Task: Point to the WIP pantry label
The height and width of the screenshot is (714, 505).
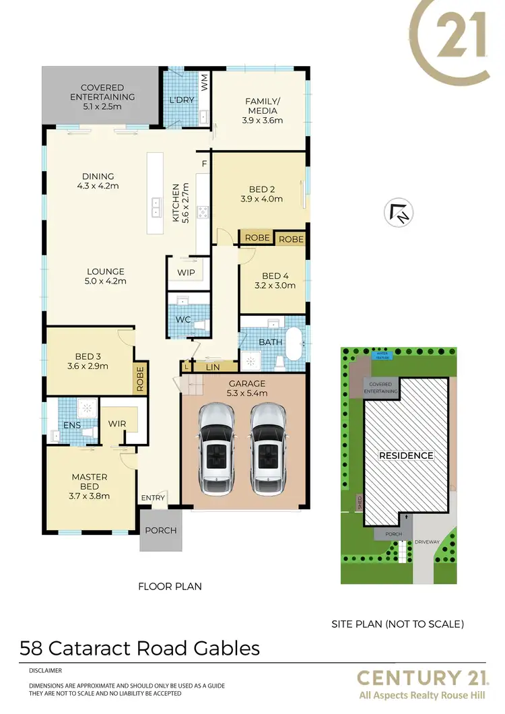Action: [186, 273]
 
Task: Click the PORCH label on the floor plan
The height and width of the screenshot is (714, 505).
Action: [161, 530]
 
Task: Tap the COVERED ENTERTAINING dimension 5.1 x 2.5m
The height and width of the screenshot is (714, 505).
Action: [102, 106]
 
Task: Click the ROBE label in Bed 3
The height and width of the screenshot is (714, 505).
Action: [140, 379]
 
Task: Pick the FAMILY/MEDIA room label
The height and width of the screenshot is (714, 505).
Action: [262, 111]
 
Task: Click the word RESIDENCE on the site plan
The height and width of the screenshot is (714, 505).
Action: [406, 455]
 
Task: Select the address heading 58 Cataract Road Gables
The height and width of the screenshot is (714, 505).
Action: [139, 648]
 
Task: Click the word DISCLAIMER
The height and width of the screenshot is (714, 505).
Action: [46, 671]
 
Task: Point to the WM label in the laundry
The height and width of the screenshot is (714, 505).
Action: [205, 82]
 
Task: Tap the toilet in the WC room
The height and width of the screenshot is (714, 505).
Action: [199, 324]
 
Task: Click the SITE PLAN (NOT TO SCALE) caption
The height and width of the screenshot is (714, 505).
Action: [397, 624]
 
